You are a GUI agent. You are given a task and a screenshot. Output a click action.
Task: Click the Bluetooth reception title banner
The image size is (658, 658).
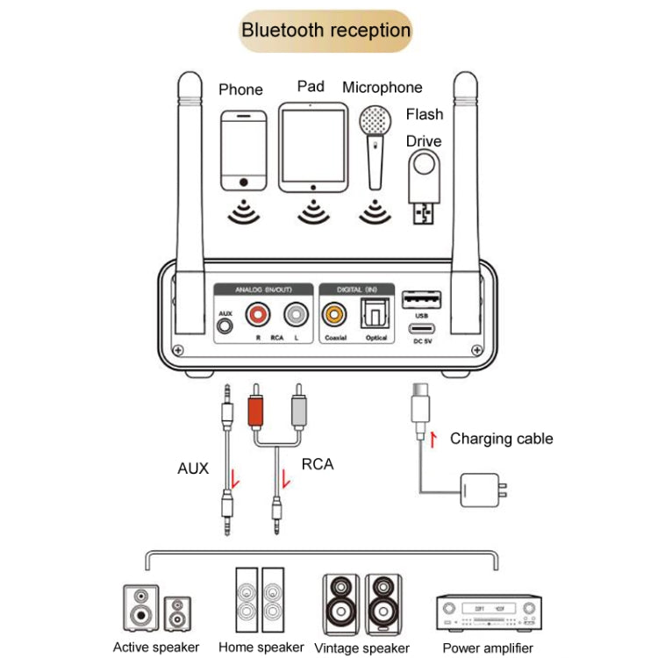pyautogui.click(x=325, y=31)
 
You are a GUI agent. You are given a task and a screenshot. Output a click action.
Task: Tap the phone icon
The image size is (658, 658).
pyautogui.click(x=242, y=150)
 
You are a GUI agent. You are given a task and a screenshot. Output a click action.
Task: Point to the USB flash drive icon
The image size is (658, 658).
pyautogui.click(x=426, y=188)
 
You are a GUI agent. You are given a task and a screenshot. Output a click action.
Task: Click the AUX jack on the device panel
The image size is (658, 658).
pyautogui.click(x=226, y=326)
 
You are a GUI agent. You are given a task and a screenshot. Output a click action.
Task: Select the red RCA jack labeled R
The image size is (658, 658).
pyautogui.click(x=259, y=314)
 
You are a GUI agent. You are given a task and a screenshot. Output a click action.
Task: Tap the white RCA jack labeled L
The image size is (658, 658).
pyautogui.click(x=297, y=314)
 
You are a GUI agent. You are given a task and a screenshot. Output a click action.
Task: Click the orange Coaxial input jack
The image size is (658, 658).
pyautogui.click(x=335, y=314)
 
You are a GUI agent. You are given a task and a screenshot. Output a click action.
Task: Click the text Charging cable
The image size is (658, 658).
pyautogui.click(x=501, y=439)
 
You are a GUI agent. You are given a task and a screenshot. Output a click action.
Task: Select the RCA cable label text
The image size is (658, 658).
pyautogui.click(x=318, y=464)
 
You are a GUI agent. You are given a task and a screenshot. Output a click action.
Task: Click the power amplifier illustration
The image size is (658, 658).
pyautogui.click(x=489, y=612)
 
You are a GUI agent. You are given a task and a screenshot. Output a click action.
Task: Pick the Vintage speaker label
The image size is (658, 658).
pyautogui.click(x=361, y=648)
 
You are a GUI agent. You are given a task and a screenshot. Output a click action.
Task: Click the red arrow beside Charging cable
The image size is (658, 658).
pyautogui.click(x=432, y=439)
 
